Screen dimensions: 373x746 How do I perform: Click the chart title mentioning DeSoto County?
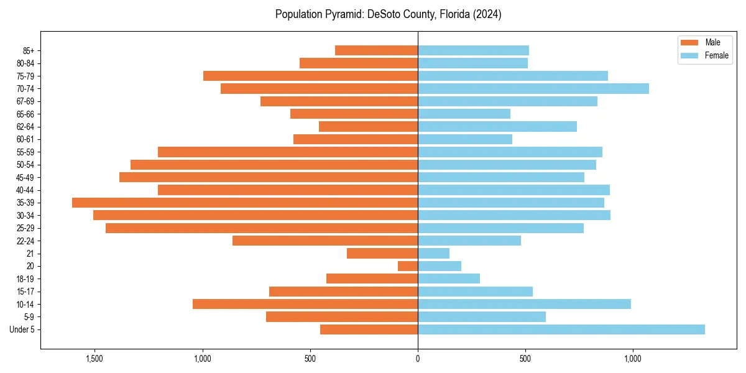click(388, 14)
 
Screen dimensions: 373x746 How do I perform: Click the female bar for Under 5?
click(561, 329)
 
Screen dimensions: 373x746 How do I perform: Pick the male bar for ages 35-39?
click(245, 203)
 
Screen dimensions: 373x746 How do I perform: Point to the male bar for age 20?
click(408, 266)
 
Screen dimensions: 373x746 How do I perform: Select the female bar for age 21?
click(433, 253)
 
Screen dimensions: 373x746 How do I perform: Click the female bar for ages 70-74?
click(533, 89)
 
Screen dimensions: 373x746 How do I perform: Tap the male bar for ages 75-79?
click(310, 76)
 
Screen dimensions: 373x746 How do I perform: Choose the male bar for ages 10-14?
click(305, 304)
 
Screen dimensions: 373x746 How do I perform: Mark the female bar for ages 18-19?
click(449, 279)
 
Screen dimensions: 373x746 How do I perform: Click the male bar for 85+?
click(376, 50)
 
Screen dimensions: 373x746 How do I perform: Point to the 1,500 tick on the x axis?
click(94, 359)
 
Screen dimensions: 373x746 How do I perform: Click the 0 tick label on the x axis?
click(418, 359)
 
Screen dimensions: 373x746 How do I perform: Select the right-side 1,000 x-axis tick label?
click(633, 359)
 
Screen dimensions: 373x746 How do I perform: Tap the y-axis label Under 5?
click(22, 329)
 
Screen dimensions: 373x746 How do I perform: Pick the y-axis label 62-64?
click(25, 127)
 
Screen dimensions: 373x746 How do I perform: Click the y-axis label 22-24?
click(25, 241)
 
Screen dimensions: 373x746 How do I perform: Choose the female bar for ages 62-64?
click(497, 127)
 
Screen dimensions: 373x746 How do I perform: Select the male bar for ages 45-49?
click(269, 177)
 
